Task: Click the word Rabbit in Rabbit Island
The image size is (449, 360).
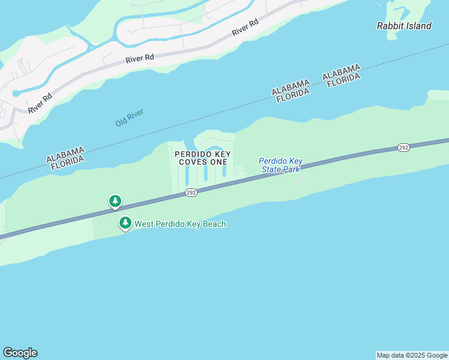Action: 390,26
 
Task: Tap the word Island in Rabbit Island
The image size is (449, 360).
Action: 418,26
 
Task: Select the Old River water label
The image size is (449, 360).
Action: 130,118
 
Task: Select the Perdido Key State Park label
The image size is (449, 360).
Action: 280,165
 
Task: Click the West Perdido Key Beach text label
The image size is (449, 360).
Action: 180,224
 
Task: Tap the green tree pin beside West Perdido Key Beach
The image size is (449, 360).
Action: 125,224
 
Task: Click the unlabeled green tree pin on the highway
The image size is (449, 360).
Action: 115,201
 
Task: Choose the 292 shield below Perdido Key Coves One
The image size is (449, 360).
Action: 191,192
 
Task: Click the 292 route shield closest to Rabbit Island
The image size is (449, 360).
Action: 403,147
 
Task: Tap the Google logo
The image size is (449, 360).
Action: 20,353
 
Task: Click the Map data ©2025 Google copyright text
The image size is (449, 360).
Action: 412,355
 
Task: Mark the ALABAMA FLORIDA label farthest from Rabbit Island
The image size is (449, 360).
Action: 65,158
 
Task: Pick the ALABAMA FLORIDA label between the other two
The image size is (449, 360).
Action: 291,91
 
